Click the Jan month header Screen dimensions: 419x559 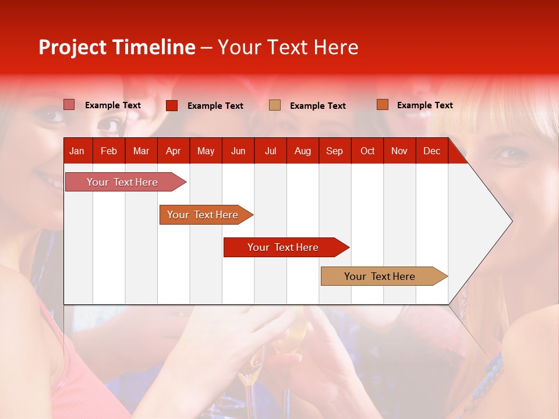77,151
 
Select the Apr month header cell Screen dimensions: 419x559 173,151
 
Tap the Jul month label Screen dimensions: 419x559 270,151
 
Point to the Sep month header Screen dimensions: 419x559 334,151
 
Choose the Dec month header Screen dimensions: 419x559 431,151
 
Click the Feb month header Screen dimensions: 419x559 109,151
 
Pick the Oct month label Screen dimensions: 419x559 367,151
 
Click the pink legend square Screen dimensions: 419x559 69,105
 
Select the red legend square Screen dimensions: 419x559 172,105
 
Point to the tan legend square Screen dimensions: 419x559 275,105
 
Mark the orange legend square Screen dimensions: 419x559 382,105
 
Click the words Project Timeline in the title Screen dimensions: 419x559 117,47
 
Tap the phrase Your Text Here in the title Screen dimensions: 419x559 288,47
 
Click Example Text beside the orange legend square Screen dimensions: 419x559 424,105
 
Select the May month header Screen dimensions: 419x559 206,151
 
